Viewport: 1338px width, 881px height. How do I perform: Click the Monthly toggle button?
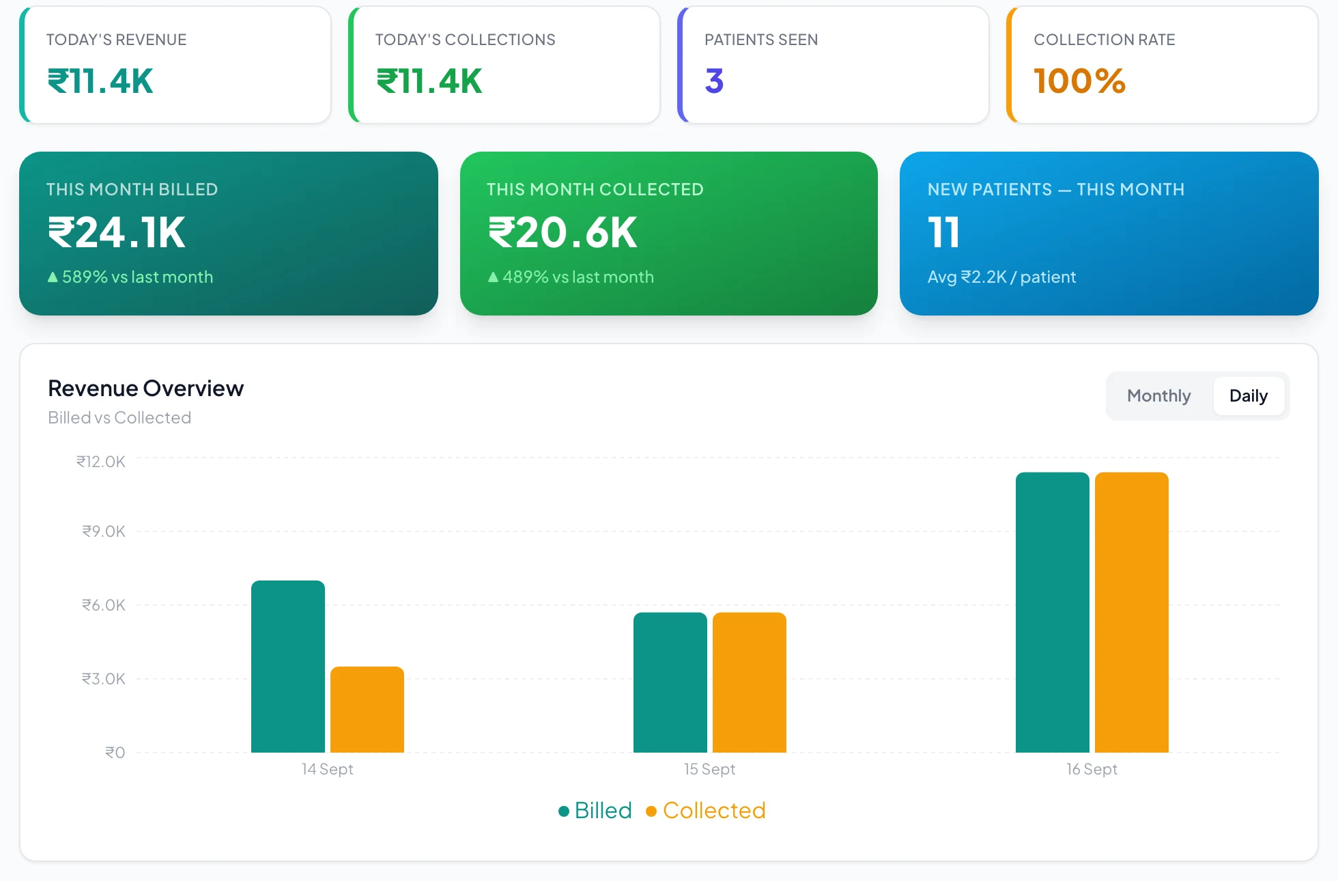pyautogui.click(x=1158, y=396)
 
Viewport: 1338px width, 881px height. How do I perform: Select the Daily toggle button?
pyautogui.click(x=1249, y=396)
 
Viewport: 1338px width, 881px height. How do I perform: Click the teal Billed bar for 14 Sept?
pyautogui.click(x=288, y=667)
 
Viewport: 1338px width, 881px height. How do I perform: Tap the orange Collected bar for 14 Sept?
pyautogui.click(x=367, y=710)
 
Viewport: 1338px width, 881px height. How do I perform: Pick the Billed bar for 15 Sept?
pyautogui.click(x=670, y=682)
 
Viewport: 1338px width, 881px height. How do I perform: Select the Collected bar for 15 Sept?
pyautogui.click(x=750, y=682)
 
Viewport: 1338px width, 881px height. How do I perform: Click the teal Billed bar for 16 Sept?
pyautogui.click(x=1053, y=613)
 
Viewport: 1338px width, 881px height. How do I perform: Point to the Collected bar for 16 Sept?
pyautogui.click(x=1132, y=613)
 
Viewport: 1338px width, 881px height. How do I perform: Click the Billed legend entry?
pyautogui.click(x=595, y=811)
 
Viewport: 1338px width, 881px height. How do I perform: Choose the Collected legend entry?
pyautogui.click(x=706, y=811)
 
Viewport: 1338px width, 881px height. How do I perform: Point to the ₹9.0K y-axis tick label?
pyautogui.click(x=104, y=531)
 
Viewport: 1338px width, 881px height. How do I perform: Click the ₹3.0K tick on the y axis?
pyautogui.click(x=104, y=679)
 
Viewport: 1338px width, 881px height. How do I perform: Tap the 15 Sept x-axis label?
pyautogui.click(x=710, y=769)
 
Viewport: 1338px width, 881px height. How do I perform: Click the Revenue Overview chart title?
pyautogui.click(x=145, y=389)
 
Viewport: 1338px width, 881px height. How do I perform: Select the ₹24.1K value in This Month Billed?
pyautogui.click(x=116, y=233)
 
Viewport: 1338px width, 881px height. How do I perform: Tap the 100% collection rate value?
pyautogui.click(x=1079, y=81)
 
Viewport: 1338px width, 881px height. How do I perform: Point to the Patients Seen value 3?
pyautogui.click(x=714, y=81)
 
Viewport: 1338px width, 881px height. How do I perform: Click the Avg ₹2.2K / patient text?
pyautogui.click(x=1001, y=277)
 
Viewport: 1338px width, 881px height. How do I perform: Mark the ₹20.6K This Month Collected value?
pyautogui.click(x=563, y=233)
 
